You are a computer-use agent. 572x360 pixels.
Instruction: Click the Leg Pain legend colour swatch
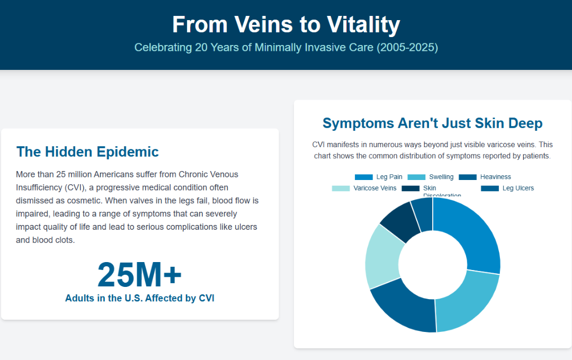tap(364, 177)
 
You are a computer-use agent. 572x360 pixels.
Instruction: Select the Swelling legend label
tap(441, 177)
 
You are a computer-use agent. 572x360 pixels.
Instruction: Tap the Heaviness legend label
tap(495, 177)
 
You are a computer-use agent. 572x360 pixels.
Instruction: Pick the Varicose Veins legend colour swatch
tap(341, 188)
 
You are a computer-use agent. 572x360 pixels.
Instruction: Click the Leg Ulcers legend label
tap(518, 188)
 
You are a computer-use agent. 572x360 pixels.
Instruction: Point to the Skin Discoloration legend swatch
tap(410, 188)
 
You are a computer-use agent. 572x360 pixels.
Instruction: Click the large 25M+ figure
tap(140, 274)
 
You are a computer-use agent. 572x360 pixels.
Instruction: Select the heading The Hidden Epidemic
tap(87, 152)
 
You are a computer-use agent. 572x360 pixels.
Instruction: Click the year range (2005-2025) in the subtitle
tap(407, 48)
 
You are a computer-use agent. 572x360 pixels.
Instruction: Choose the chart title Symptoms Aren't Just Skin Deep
tap(432, 123)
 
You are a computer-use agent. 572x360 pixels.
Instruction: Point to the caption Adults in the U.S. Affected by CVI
tap(140, 298)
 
